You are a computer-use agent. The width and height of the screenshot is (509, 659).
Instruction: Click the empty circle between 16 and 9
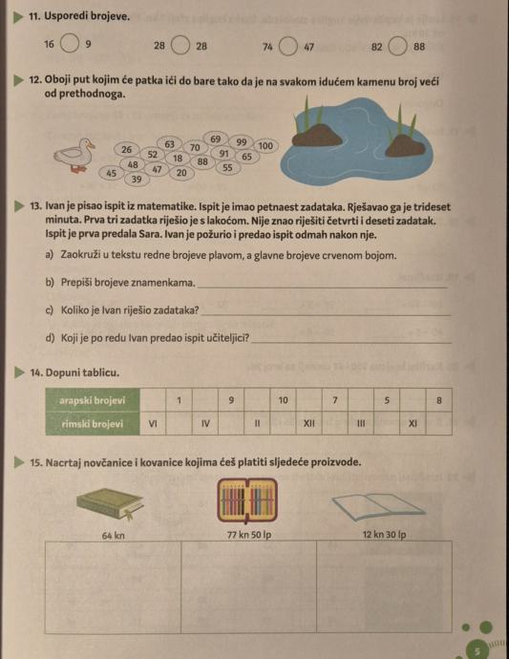[70, 44]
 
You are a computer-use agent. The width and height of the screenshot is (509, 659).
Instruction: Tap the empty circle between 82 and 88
[397, 46]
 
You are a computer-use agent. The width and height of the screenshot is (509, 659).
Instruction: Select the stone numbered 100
[265, 146]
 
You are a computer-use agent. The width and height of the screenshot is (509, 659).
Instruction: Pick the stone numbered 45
[112, 173]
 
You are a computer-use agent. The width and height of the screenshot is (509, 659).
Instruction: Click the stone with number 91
[224, 154]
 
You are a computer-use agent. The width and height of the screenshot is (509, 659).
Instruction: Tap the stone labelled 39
[137, 180]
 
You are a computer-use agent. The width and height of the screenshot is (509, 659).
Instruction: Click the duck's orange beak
[91, 145]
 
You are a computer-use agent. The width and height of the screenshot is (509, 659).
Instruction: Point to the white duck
[74, 155]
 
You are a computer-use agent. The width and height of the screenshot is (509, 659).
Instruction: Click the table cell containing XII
[308, 423]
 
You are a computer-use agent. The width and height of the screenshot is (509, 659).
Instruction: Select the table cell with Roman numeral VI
[153, 423]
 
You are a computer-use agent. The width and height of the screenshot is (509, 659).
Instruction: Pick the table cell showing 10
[284, 400]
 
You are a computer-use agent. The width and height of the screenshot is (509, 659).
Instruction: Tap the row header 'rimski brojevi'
[93, 424]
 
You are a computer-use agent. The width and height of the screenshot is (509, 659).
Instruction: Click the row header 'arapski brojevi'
[93, 400]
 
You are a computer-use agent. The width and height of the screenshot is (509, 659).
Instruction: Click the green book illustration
[110, 503]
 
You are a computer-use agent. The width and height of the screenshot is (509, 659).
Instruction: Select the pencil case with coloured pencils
[247, 500]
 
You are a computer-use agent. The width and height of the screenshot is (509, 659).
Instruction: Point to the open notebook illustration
[378, 506]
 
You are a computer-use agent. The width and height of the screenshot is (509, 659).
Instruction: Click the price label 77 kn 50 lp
[249, 535]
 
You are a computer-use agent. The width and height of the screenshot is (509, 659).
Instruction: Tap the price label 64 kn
[113, 536]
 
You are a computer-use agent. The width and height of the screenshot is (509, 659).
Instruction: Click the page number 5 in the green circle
[477, 651]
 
